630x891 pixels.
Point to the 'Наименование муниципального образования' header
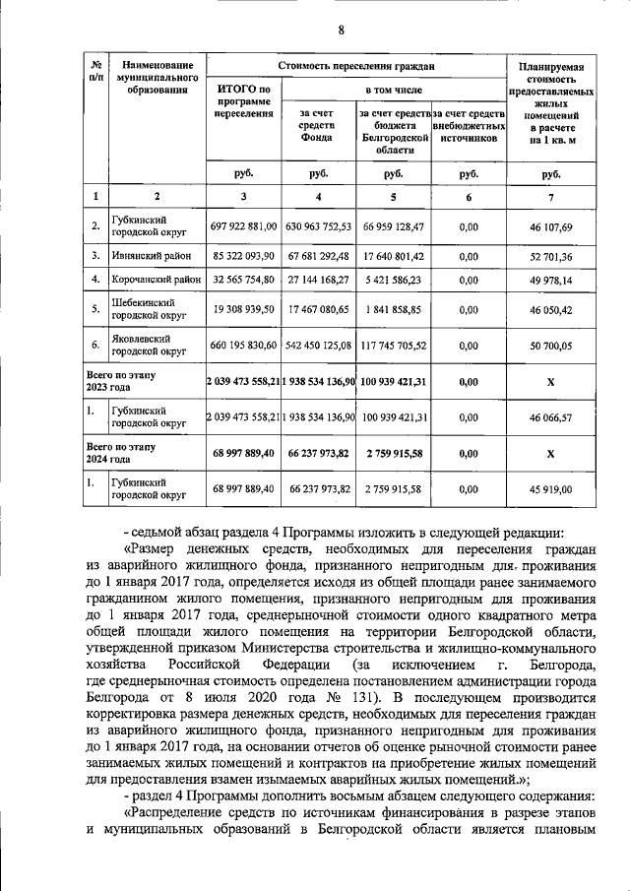(x=152, y=78)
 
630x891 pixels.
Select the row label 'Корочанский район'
(x=156, y=280)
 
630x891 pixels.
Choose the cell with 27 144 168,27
(x=318, y=280)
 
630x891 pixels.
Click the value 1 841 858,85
(x=392, y=310)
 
